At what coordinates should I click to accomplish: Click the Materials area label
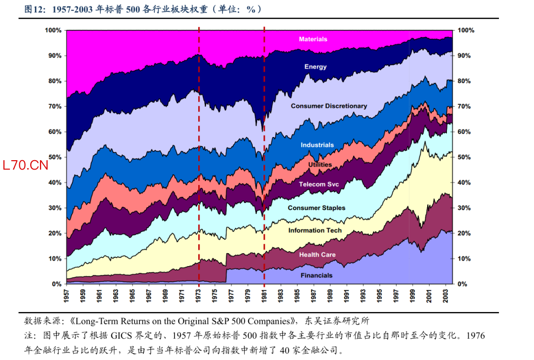click(x=313, y=39)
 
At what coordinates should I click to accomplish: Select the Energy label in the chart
click(x=315, y=67)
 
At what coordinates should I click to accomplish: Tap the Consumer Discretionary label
click(x=329, y=106)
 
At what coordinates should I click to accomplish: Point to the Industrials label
click(x=317, y=145)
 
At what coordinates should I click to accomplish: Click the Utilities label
click(x=320, y=165)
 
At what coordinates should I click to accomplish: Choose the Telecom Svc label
click(x=319, y=184)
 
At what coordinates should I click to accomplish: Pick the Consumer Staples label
click(x=316, y=208)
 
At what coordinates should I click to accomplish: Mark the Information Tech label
click(x=315, y=230)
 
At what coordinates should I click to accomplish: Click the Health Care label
click(x=317, y=255)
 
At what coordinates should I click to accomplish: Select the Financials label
click(x=316, y=275)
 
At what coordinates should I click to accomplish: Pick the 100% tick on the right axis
click(x=466, y=30)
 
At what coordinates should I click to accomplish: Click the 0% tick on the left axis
click(x=57, y=284)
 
